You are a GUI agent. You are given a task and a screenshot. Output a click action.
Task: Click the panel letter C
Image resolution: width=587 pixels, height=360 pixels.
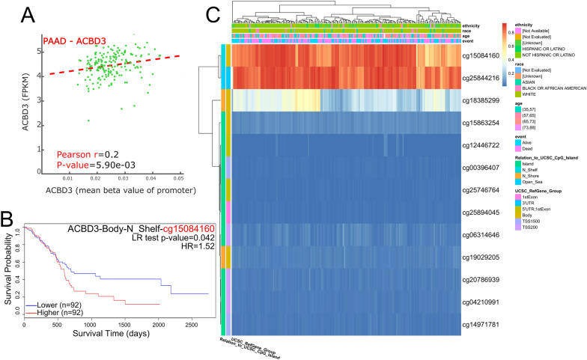click(x=213, y=13)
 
